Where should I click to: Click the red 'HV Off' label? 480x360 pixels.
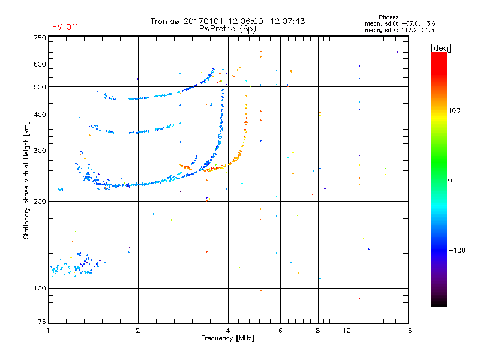pyautogui.click(x=64, y=27)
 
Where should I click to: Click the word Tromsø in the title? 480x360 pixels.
pyautogui.click(x=165, y=21)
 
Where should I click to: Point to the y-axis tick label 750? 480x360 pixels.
pyautogui.click(x=40, y=38)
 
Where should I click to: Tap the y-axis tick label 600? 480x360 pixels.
pyautogui.click(x=40, y=64)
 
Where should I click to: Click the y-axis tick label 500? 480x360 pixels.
pyautogui.click(x=40, y=87)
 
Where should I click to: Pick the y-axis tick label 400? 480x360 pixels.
pyautogui.click(x=40, y=115)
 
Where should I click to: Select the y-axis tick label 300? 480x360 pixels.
pyautogui.click(x=40, y=151)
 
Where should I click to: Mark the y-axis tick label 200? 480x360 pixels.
pyautogui.click(x=40, y=202)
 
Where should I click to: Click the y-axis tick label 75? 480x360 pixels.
pyautogui.click(x=41, y=323)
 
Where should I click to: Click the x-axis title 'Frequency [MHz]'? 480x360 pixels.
pyautogui.click(x=228, y=339)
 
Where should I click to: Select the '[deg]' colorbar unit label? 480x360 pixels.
pyautogui.click(x=440, y=47)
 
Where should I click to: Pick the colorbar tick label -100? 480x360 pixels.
pyautogui.click(x=457, y=250)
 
